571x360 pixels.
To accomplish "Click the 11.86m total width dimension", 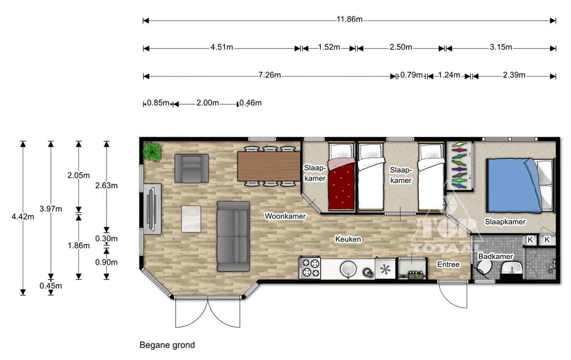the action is pos(349,19).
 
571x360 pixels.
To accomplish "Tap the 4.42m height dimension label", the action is pos(23,217).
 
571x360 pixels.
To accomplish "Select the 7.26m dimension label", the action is pos(270,75).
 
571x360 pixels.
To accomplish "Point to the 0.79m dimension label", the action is pos(412,75).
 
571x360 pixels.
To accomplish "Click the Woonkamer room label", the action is pos(285,216).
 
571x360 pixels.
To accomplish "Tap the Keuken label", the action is pos(348,240).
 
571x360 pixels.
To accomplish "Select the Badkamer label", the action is pos(495,256).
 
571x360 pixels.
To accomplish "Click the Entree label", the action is pos(448,264).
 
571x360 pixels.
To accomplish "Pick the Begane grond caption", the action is pos(167,345).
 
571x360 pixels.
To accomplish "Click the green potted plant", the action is pos(152,152).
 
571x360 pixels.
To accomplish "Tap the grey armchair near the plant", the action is pos(192,168).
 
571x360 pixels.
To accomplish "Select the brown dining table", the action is pos(269,166).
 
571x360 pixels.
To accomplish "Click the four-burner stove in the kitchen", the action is pos(310,268).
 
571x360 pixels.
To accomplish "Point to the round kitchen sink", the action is pos(348,269).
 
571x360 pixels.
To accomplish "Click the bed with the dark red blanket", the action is pos(341,177).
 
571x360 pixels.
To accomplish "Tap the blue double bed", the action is pos(520,186).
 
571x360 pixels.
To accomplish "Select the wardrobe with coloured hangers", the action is pos(460,166).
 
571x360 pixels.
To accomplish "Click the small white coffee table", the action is pos(191,219).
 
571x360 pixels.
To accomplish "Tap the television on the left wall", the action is pos(152,209).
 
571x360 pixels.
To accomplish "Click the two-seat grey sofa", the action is pos(233,236).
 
